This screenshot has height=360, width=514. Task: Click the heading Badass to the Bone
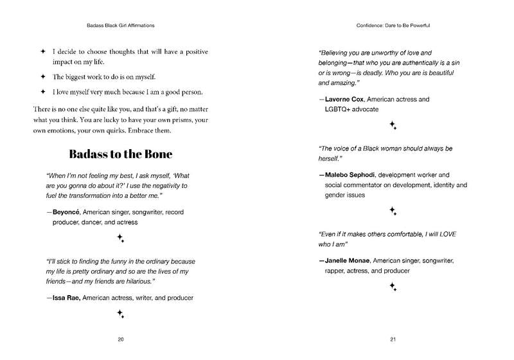119,155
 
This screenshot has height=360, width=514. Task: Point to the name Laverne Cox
348,100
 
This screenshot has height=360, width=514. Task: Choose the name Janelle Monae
350,261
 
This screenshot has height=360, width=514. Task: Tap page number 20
120,339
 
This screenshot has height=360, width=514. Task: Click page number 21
393,339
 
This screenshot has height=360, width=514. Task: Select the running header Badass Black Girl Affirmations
120,26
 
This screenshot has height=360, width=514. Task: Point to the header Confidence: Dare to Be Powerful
393,26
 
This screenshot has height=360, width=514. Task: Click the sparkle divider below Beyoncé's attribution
120,239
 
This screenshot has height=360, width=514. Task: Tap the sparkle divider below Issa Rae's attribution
120,314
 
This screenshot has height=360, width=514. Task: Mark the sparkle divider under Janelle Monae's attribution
393,287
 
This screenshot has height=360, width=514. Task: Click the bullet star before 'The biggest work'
43,77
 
